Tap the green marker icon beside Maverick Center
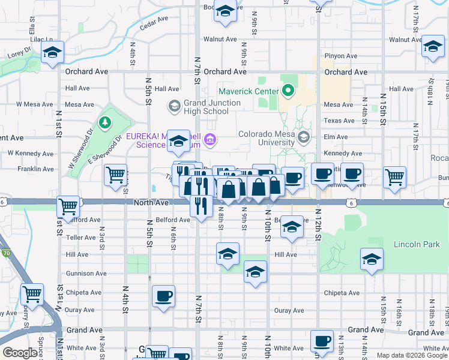[288, 91]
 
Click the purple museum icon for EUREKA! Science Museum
[209, 140]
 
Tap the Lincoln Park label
[416, 244]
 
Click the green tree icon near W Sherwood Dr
[106, 122]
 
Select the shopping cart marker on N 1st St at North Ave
[68, 206]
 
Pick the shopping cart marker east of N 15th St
[394, 176]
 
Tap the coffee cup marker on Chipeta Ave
[163, 296]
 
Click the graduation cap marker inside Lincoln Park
[372, 259]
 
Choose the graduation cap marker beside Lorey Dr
[53, 52]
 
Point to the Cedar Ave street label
[154, 22]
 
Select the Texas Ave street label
[340, 121]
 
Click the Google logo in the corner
[20, 353]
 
